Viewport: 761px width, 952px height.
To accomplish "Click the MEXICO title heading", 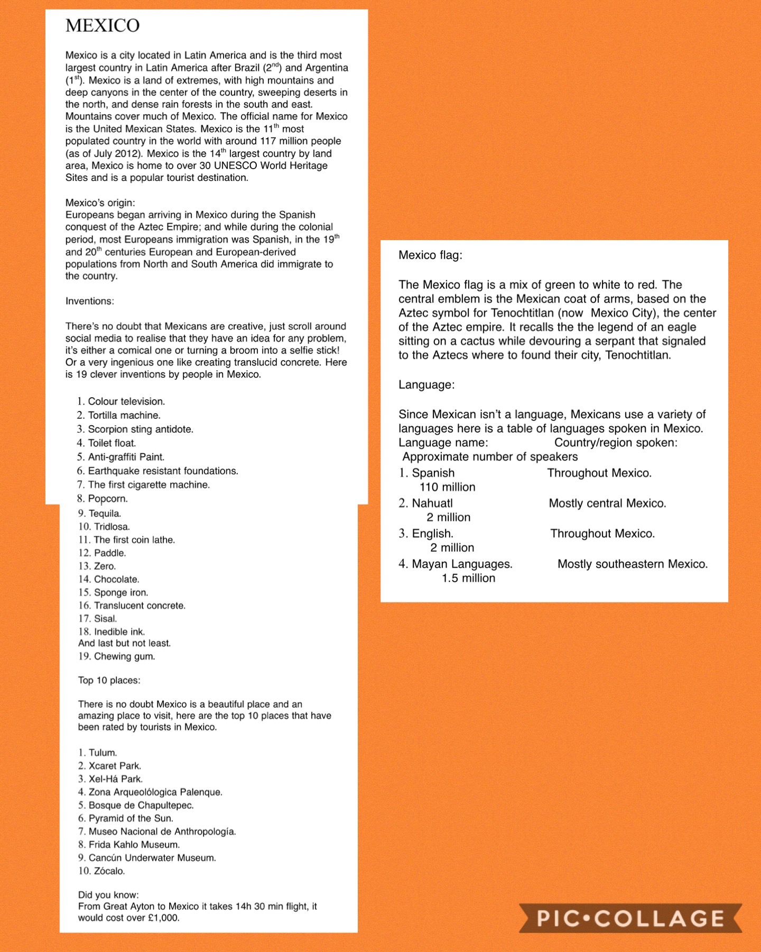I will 103,25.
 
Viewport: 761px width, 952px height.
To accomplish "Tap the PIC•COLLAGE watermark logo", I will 630,918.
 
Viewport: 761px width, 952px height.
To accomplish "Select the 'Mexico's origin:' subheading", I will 100,203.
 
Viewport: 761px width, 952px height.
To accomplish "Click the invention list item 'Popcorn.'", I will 107,499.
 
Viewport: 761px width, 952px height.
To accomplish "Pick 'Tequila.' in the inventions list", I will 105,514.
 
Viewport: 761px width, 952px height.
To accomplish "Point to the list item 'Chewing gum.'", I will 124,656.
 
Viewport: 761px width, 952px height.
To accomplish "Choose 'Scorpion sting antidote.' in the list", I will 140,429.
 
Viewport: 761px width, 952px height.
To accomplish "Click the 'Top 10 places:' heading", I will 109,680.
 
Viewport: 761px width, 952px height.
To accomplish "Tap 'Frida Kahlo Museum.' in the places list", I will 134,845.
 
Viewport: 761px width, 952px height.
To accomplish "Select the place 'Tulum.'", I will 103,753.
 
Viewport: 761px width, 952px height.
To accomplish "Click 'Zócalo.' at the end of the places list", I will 109,871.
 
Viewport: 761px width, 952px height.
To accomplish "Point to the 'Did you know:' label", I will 108,895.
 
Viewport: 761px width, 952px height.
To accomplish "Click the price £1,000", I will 163,918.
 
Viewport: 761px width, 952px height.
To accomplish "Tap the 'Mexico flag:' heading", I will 430,255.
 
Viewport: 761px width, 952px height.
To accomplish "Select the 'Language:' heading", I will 426,385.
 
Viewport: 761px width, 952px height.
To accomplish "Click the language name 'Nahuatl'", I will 432,503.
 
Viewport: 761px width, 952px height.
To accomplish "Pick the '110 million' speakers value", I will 447,487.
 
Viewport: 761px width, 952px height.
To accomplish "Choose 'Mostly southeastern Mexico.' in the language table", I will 632,564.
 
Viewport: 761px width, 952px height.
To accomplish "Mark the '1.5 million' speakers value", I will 468,578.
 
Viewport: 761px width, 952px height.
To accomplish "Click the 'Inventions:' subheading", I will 89,301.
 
